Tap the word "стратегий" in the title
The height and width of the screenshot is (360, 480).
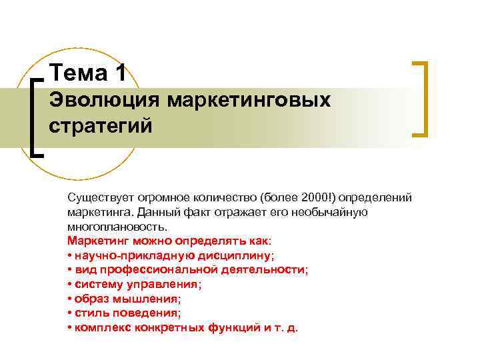101,125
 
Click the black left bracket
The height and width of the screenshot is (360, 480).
36,116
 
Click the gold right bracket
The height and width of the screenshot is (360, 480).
423,99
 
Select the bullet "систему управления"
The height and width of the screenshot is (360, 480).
137,284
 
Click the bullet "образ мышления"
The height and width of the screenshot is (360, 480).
127,299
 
